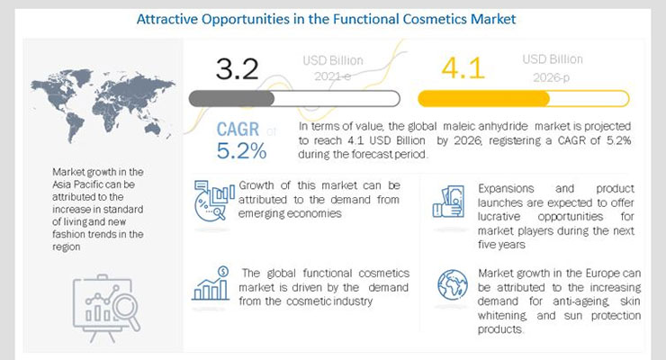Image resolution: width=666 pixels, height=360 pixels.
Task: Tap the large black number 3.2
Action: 237,68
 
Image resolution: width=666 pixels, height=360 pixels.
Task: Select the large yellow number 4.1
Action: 463,67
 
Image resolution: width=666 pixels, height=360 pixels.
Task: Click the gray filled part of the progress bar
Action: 231,99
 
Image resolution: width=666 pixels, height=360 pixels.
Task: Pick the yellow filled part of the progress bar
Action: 484,98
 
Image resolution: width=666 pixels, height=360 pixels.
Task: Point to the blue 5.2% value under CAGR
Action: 242,150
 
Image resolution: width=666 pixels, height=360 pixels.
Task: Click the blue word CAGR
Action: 238,129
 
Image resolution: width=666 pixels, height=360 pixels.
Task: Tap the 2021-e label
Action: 333,76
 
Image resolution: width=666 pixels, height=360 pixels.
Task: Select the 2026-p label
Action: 552,77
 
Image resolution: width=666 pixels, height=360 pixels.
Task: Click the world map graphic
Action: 103,105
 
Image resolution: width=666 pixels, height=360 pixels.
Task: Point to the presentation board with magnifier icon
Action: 106,308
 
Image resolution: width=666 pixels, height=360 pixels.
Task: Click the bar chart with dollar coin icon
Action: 211,283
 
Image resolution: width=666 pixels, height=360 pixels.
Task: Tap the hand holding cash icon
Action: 448,202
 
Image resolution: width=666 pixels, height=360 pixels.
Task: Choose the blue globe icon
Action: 453,284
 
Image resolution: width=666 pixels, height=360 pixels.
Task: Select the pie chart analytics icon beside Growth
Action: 213,201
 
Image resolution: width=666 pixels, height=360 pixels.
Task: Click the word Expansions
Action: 506,188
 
